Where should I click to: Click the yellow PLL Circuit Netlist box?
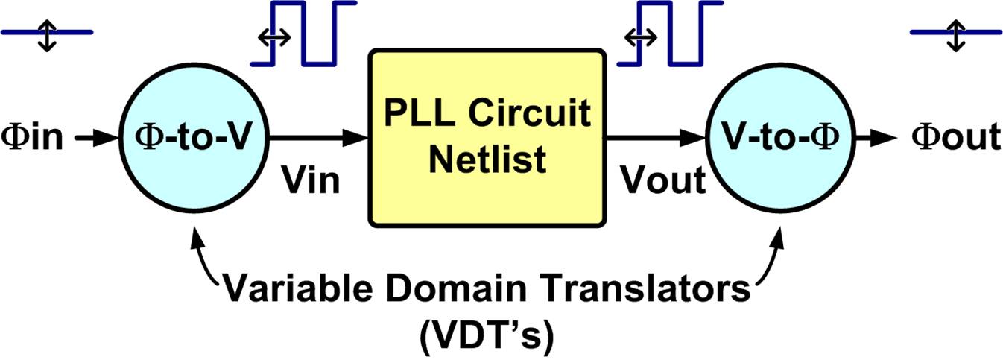[x=486, y=137]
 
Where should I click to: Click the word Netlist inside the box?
[x=487, y=158]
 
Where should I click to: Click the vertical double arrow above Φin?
[x=46, y=34]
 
